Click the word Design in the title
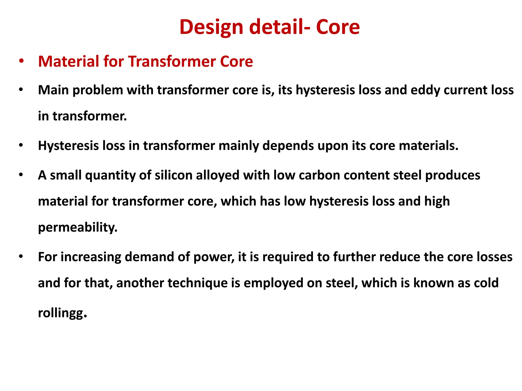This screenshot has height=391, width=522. click(211, 27)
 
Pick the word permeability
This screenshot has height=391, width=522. click(77, 227)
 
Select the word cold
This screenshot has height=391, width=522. click(486, 283)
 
